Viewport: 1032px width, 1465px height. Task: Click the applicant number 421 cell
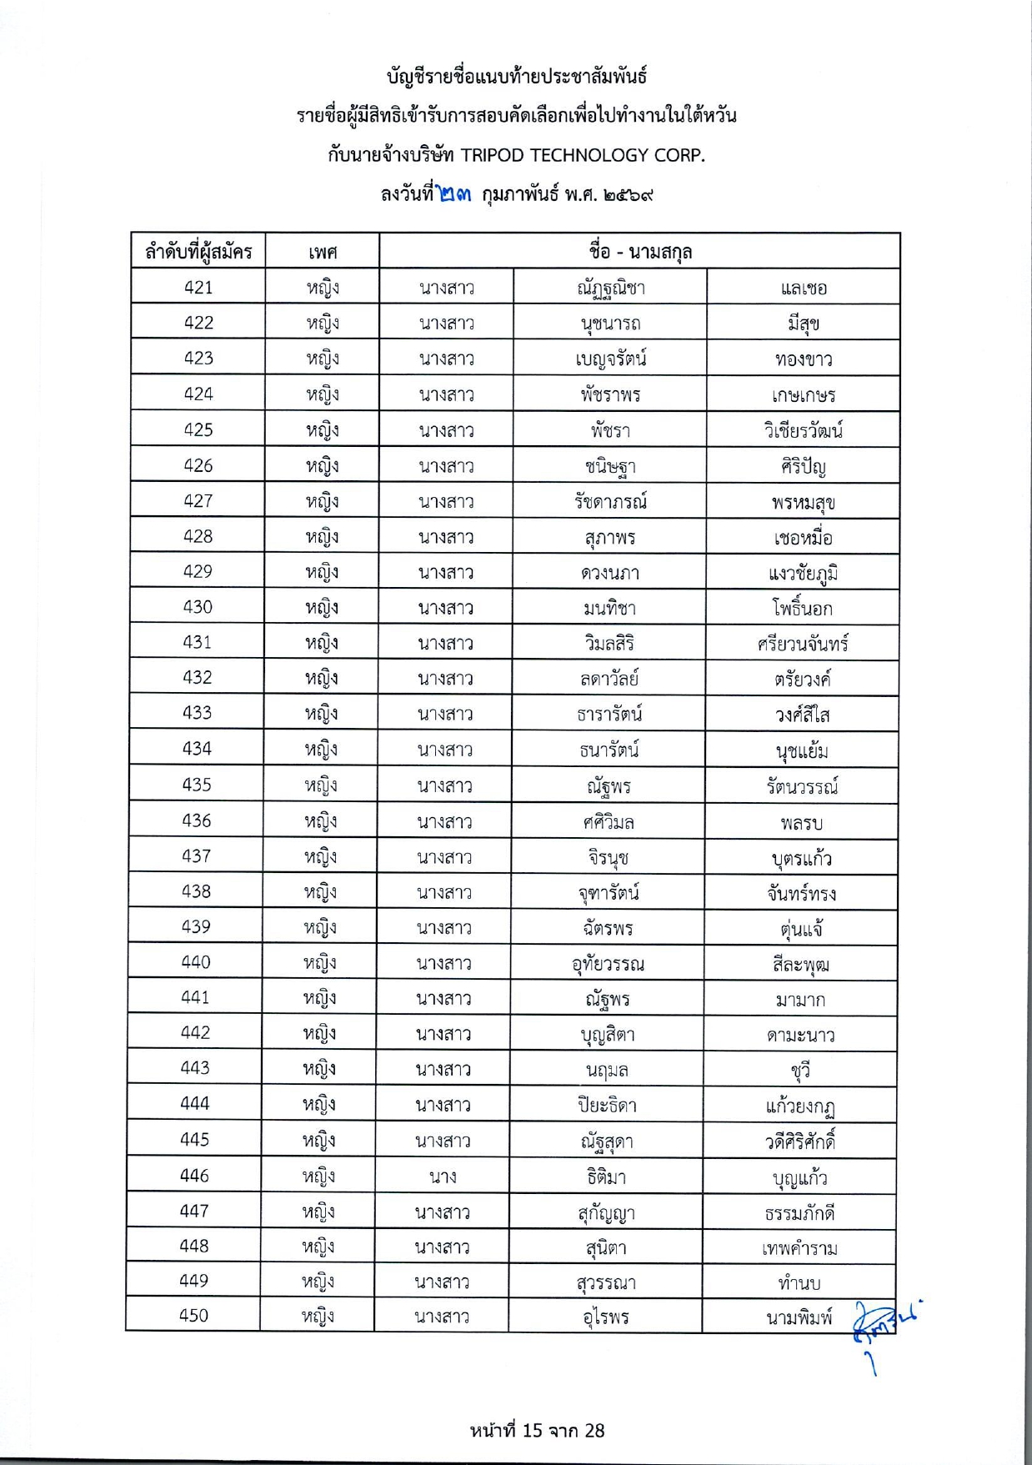point(198,288)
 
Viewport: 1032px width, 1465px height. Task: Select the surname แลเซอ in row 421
point(804,288)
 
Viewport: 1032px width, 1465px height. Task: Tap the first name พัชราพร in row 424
point(610,394)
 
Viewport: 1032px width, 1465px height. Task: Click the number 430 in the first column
point(198,607)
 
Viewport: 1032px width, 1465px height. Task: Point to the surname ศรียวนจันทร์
point(803,644)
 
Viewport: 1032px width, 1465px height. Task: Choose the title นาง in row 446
point(442,1177)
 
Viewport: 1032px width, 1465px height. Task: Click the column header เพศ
point(322,252)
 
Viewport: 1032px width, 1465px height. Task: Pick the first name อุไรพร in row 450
point(606,1317)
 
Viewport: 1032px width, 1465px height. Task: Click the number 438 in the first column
point(197,891)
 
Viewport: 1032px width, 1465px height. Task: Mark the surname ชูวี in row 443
point(800,1070)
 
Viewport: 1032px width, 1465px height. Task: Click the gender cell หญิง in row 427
point(322,501)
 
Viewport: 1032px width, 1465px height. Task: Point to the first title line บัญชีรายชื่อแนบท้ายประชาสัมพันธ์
point(517,77)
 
